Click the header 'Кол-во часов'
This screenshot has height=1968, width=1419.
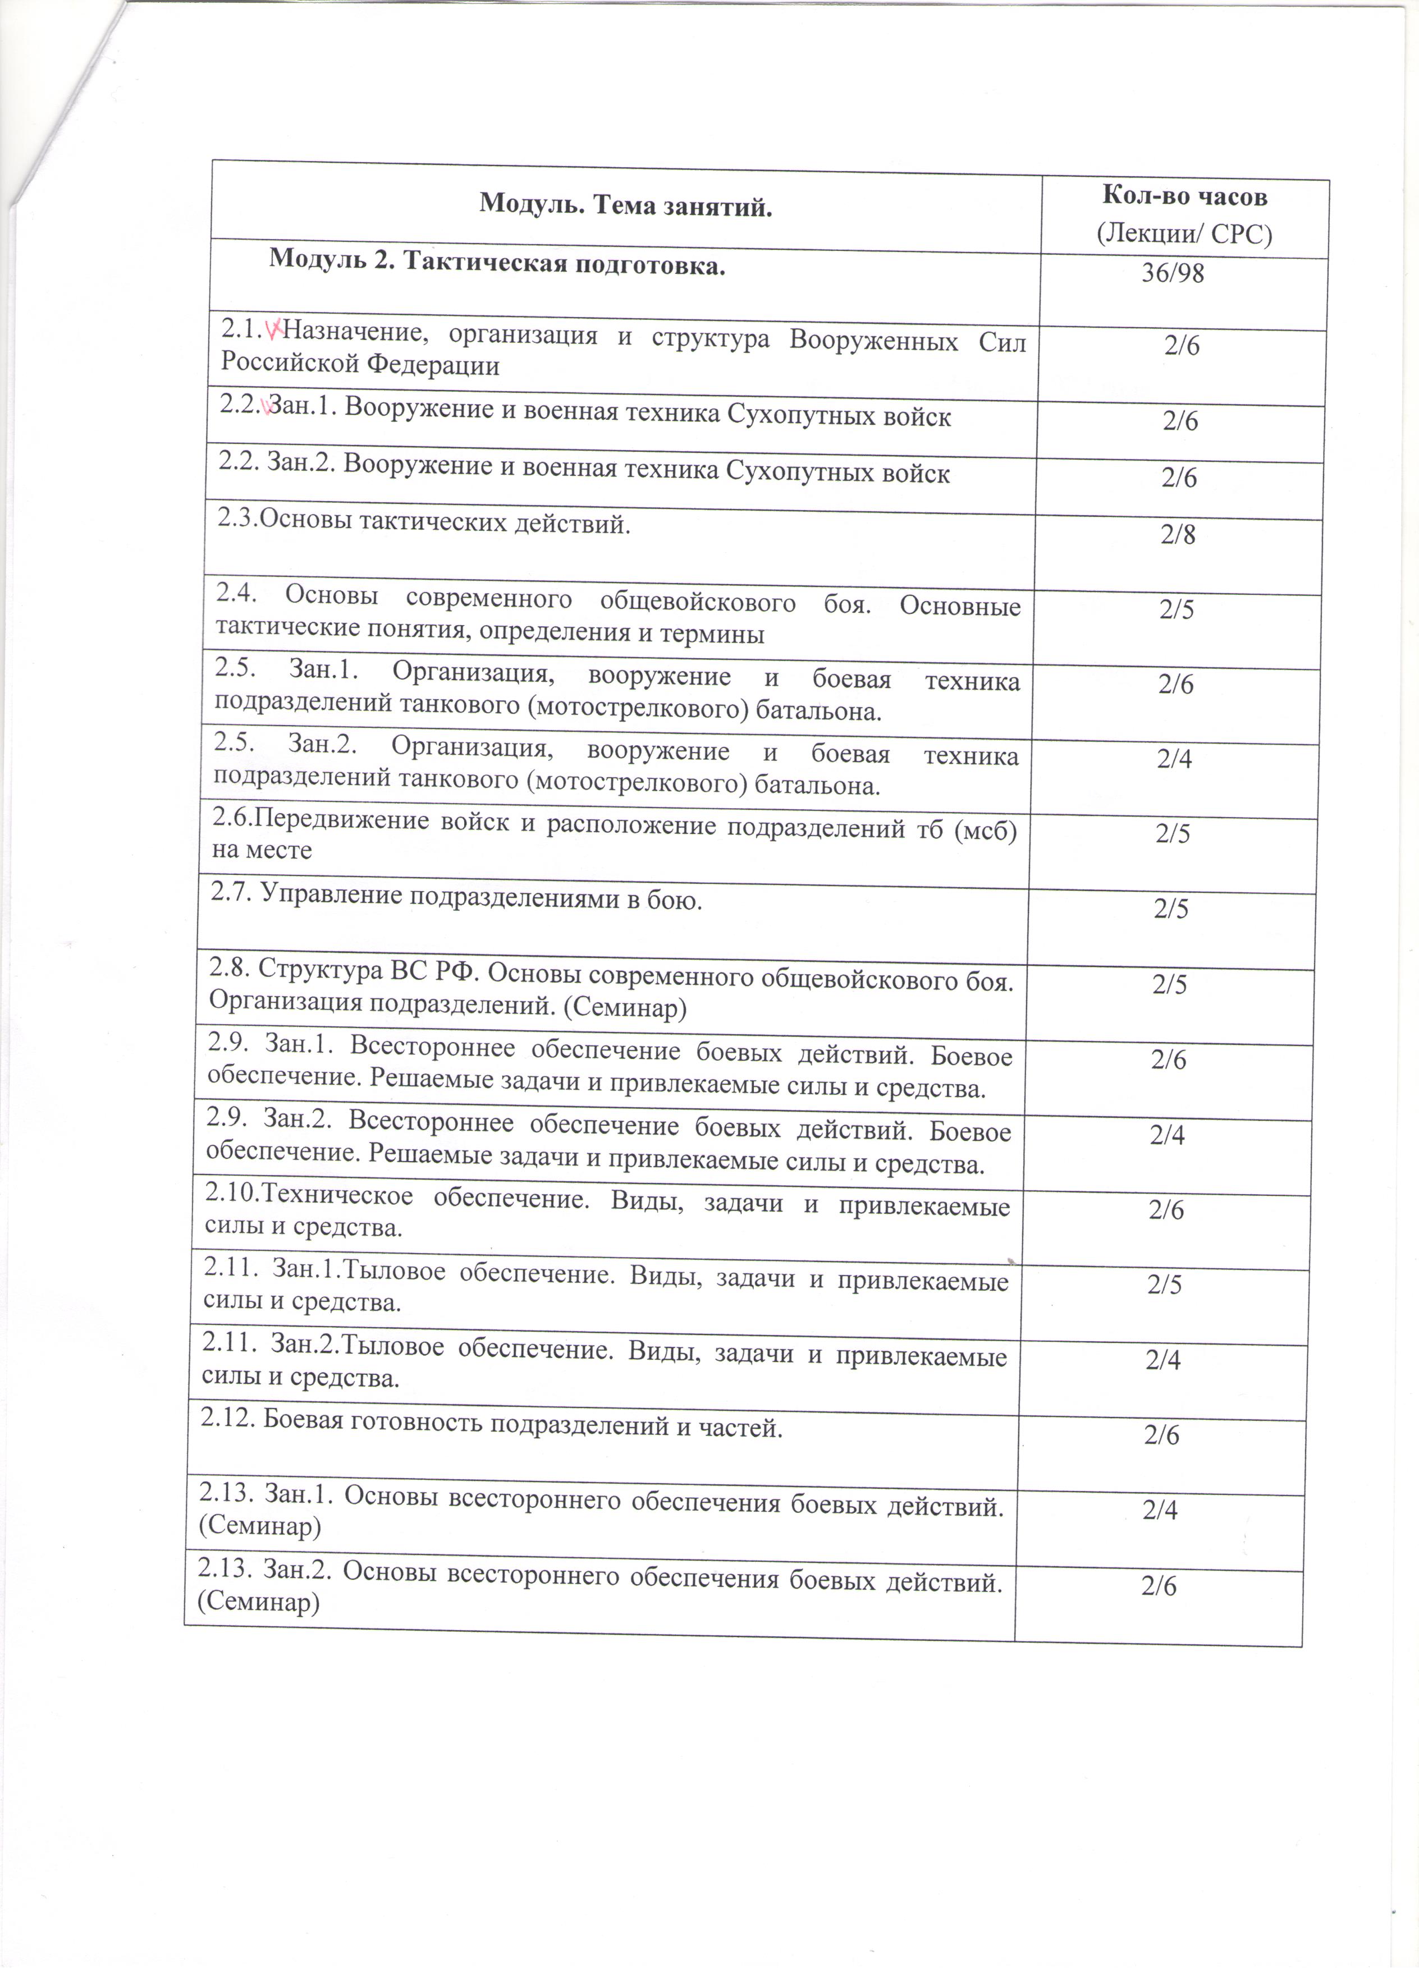click(1185, 196)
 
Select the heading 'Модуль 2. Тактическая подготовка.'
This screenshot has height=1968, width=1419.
click(497, 261)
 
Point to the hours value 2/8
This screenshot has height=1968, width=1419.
click(1178, 535)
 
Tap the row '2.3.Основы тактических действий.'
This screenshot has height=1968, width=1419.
click(424, 523)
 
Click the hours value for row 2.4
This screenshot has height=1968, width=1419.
click(1177, 610)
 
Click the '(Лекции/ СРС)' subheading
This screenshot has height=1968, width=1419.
click(1184, 235)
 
